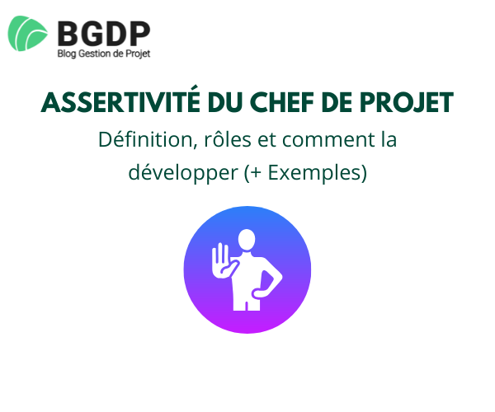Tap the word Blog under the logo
pos(67,54)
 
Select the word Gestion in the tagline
pos(95,54)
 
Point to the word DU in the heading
pos(229,103)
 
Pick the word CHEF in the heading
pos(290,103)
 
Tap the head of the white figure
pos(247,240)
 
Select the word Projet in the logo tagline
pos(138,54)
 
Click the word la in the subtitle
pos(389,140)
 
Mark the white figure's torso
pos(247,276)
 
